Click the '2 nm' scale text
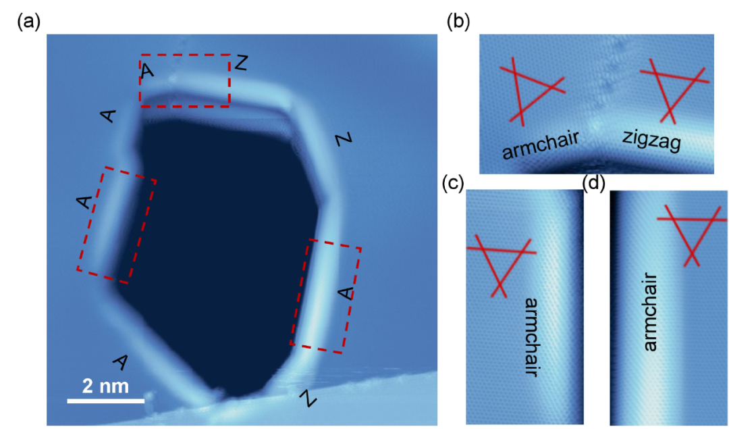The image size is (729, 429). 105,386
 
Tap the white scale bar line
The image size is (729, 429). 106,400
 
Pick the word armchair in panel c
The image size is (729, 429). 532,337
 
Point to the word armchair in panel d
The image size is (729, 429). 650,311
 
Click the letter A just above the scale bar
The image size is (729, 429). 121,362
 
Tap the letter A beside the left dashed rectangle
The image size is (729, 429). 84,202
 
